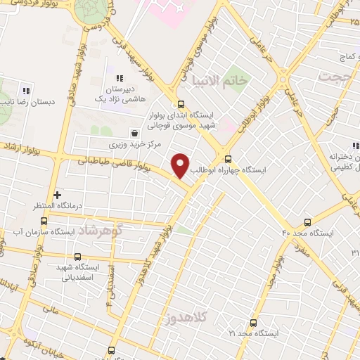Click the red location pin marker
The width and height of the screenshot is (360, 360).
pyautogui.click(x=181, y=165)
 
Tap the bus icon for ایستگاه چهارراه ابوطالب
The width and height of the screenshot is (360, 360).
pyautogui.click(x=227, y=159)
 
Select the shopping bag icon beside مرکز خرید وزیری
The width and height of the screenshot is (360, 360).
pyautogui.click(x=134, y=132)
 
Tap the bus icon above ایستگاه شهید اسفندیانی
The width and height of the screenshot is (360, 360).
pyautogui.click(x=78, y=256)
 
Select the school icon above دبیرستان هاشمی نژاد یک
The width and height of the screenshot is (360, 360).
pyautogui.click(x=120, y=79)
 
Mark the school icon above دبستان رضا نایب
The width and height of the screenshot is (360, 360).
pyautogui.click(x=26, y=90)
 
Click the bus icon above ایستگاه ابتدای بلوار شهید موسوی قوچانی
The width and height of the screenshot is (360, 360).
pyautogui.click(x=181, y=105)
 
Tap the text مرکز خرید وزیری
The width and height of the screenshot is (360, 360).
pyautogui.click(x=134, y=145)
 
